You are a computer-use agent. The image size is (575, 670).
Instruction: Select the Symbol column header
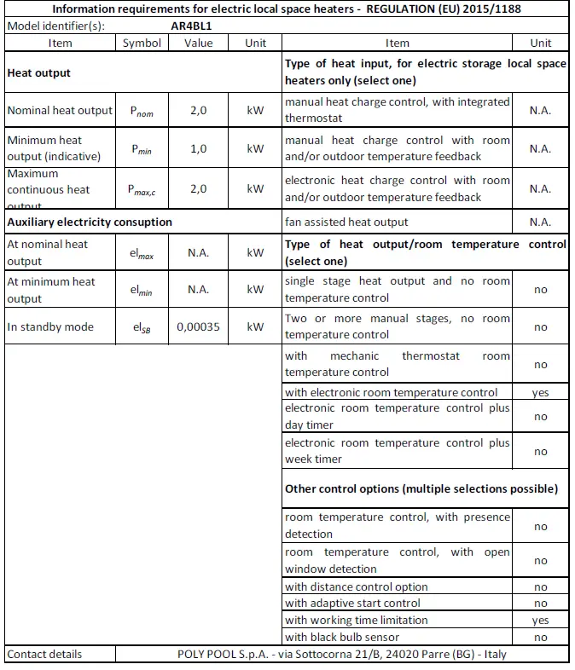[x=142, y=43]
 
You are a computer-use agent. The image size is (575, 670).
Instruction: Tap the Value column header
[x=199, y=43]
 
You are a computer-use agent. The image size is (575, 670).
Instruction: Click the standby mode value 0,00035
[x=199, y=326]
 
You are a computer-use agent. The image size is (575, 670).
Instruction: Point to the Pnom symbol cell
[x=142, y=110]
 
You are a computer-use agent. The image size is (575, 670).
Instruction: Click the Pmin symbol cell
[x=142, y=148]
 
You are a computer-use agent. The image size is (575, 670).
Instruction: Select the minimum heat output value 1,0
[x=199, y=148]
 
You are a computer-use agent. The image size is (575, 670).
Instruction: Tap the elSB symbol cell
[x=142, y=326]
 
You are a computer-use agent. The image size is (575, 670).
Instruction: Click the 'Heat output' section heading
[x=39, y=73]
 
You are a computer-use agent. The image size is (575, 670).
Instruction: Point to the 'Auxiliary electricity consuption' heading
[x=90, y=222]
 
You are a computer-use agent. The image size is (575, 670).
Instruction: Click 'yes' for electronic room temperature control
[x=540, y=393]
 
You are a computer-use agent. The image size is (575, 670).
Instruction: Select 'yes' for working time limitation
[x=540, y=621]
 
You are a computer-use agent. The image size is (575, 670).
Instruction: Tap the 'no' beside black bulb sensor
[x=540, y=637]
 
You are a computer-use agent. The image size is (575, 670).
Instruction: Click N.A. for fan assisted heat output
[x=540, y=222]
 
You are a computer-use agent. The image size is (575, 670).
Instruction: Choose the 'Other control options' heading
[x=421, y=489]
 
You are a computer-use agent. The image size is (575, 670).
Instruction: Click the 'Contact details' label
[x=44, y=654]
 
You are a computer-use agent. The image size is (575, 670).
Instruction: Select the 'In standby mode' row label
[x=50, y=326]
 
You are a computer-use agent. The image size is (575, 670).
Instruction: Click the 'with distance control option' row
[x=357, y=586]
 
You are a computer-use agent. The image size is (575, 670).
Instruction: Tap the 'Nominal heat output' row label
[x=60, y=110]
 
